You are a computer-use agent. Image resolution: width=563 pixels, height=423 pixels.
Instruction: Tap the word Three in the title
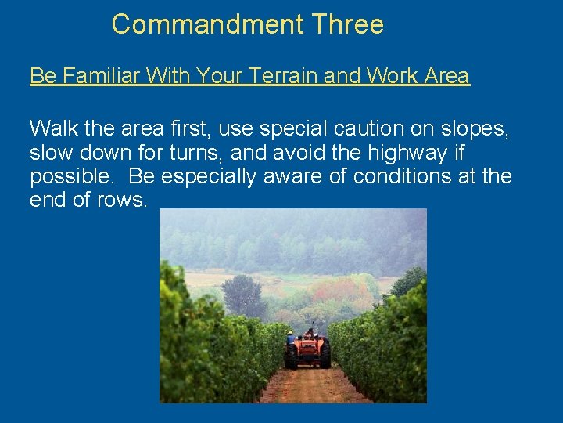[x=347, y=24]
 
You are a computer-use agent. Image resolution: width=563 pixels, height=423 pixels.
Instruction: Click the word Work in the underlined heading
[x=389, y=76]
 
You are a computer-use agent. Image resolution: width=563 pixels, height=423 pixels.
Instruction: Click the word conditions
[x=400, y=176]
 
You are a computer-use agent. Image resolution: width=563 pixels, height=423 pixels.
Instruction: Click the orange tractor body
[x=309, y=347]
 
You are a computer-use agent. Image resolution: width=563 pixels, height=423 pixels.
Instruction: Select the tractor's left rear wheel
[x=291, y=357]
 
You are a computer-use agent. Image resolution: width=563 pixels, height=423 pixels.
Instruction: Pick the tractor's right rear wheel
[x=325, y=355]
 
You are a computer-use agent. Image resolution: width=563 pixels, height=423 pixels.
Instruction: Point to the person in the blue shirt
[x=291, y=338]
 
